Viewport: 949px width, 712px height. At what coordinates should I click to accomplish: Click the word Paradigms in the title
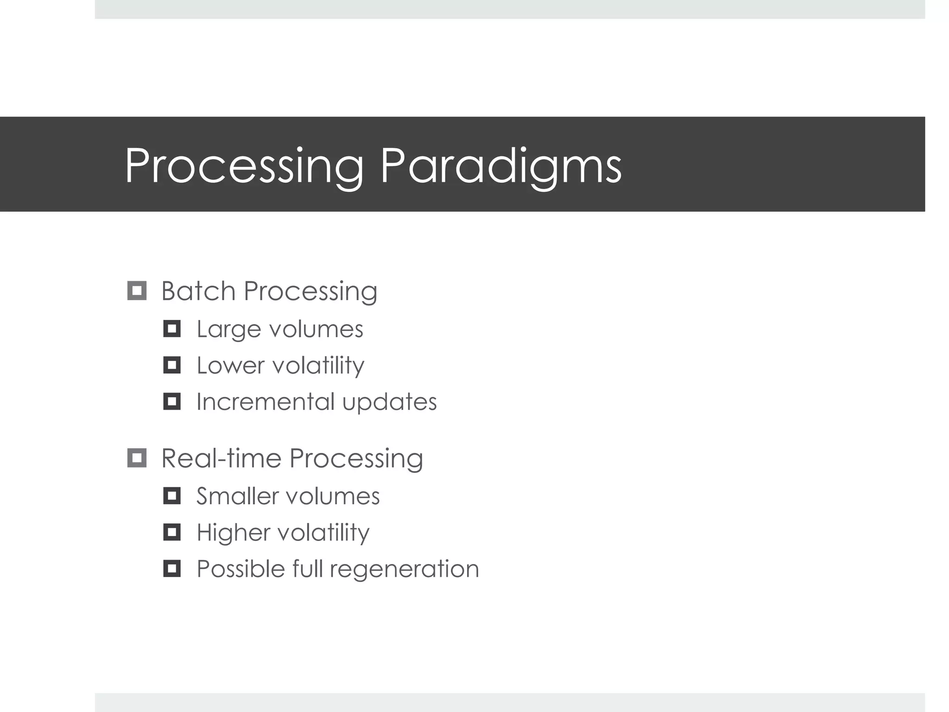tap(500, 166)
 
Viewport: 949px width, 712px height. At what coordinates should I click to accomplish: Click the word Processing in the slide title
tap(245, 166)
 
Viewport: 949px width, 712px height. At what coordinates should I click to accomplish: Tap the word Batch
tap(198, 291)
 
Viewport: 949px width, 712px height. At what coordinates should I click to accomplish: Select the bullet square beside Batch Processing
tap(137, 291)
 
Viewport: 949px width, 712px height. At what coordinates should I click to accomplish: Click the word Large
tap(229, 330)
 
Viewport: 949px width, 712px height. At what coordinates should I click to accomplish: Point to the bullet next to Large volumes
tap(172, 329)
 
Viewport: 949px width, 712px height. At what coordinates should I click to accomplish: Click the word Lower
tap(230, 365)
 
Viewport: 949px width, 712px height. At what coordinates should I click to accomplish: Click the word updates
tap(389, 402)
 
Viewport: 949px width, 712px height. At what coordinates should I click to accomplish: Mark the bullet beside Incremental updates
tap(172, 401)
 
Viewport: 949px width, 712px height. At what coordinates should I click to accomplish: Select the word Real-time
tap(221, 458)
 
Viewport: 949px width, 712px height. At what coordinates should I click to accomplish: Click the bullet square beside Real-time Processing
tap(137, 458)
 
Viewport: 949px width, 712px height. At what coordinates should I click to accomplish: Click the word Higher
tap(233, 532)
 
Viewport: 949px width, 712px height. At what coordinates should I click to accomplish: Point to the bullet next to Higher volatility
tap(172, 532)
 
